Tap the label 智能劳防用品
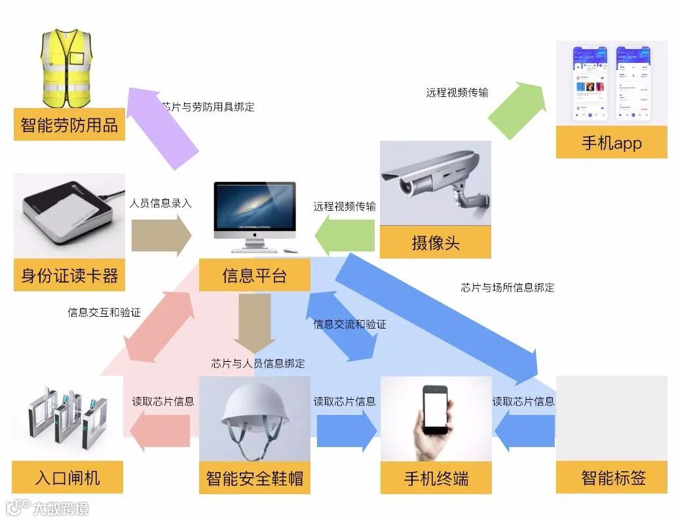(x=69, y=124)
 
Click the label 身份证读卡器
(x=69, y=276)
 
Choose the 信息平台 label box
(x=255, y=276)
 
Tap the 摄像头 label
(x=436, y=243)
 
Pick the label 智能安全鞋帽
(x=255, y=478)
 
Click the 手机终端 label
(x=436, y=478)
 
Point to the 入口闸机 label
(x=67, y=478)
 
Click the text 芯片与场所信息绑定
(x=507, y=287)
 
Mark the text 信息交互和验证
(x=104, y=312)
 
